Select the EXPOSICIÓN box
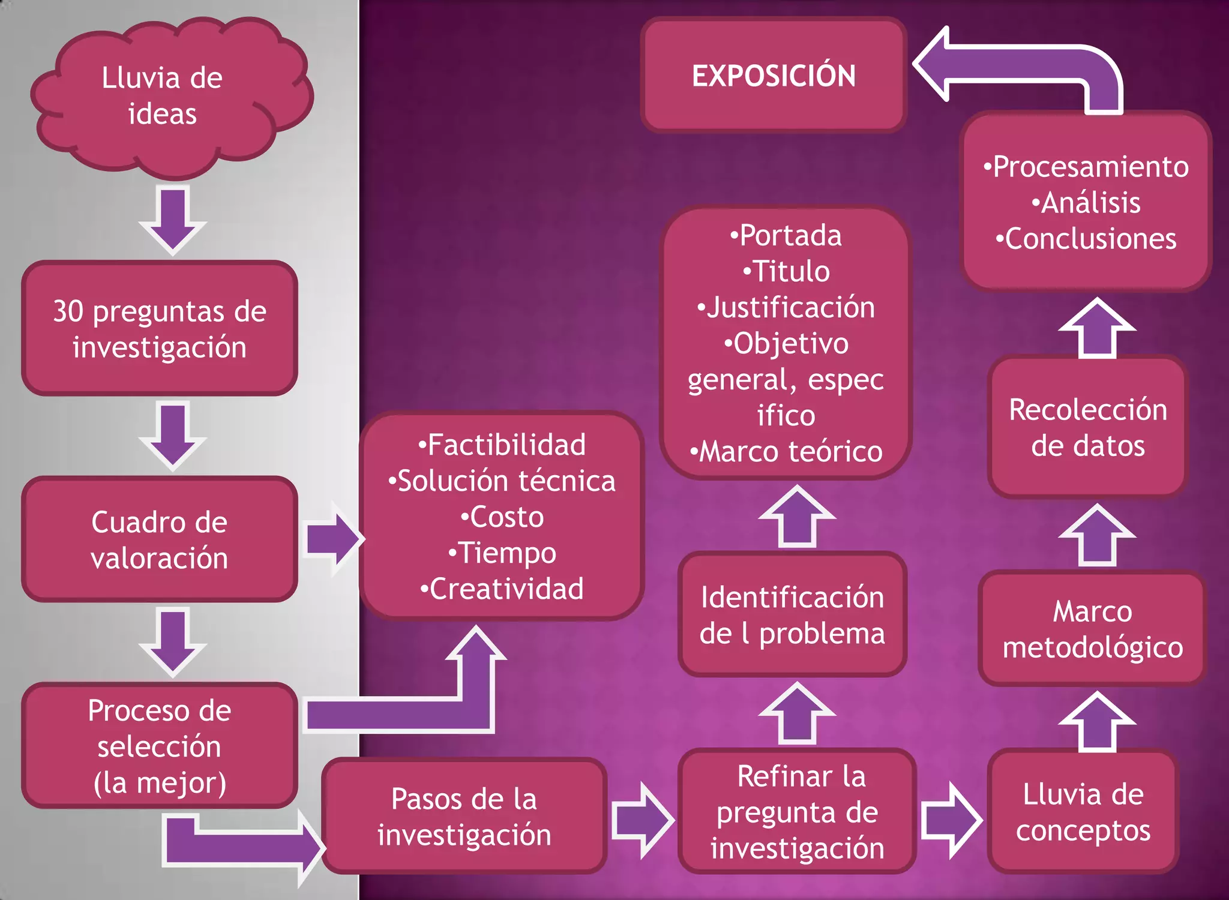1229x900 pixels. [x=774, y=76]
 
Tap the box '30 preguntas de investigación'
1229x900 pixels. [x=160, y=329]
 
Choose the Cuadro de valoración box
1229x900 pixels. [x=160, y=539]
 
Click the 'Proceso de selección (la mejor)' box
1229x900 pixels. [x=160, y=746]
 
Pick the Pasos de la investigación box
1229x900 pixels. [x=464, y=816]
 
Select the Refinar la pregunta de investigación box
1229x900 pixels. [x=797, y=811]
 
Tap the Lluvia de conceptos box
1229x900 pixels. [x=1083, y=811]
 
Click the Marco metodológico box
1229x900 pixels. [x=1092, y=629]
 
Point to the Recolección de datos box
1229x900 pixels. [x=1088, y=427]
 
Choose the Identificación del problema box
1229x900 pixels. [x=792, y=615]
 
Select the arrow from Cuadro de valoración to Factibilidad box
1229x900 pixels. [x=333, y=539]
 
